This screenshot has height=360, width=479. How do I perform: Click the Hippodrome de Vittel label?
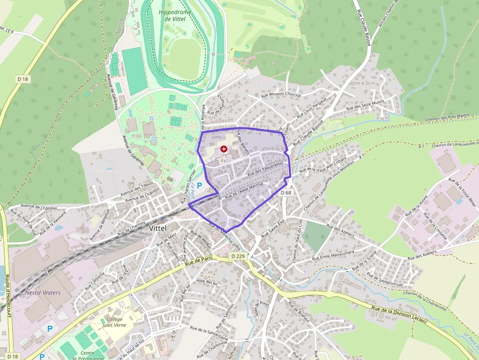point(175,15)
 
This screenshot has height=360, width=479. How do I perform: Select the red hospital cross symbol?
point(224,148)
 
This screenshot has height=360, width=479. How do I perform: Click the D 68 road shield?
point(286,193)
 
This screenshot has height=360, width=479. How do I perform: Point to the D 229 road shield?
point(238,256)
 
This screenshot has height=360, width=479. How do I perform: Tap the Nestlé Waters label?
point(43,293)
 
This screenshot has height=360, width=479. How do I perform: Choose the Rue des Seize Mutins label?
point(365,105)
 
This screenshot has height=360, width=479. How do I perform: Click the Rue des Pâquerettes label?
point(265,169)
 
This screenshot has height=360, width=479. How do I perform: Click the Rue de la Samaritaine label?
point(209,332)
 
